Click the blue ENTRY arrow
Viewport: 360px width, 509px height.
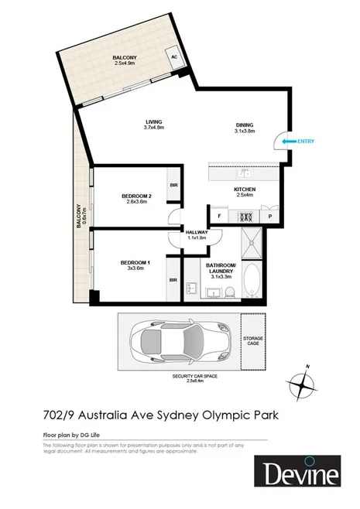point(290,141)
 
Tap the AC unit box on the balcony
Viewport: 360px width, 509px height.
point(175,57)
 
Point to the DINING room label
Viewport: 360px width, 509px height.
point(245,129)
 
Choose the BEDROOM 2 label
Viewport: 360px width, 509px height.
point(136,199)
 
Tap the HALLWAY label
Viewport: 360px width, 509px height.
point(195,234)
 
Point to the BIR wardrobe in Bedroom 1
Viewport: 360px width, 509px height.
point(173,281)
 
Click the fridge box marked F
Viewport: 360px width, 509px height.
point(221,216)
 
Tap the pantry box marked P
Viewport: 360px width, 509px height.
point(269,216)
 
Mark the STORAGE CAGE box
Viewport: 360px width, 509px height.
point(253,340)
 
